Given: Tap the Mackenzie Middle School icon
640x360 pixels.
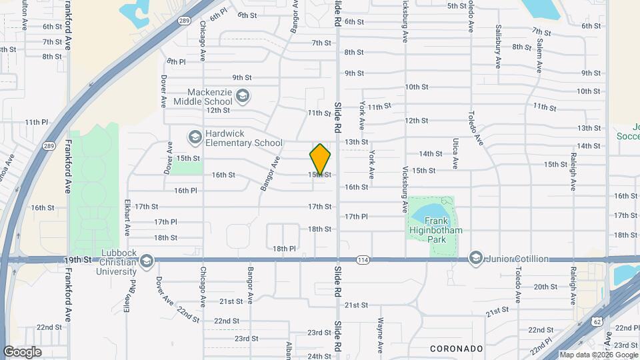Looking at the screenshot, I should point(243,96).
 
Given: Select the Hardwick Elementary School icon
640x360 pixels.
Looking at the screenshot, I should point(195,137).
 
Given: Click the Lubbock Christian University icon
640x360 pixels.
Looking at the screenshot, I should point(147,260).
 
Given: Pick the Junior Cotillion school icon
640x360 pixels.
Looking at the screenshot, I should point(475,258).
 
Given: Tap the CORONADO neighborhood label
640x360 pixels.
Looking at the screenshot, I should point(456,349).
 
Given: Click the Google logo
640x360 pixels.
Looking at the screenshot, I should point(22,352).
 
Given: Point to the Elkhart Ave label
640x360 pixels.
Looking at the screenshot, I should point(127,218).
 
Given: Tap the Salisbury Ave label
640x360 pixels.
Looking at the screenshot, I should point(498,47).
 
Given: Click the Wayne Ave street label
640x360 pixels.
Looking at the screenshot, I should point(381,335).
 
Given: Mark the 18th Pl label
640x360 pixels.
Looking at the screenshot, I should point(283,249).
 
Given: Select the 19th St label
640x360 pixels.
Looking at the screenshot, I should point(78,259).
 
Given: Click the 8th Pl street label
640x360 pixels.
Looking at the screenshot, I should point(176,61).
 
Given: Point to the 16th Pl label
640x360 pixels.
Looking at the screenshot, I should point(185,191).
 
